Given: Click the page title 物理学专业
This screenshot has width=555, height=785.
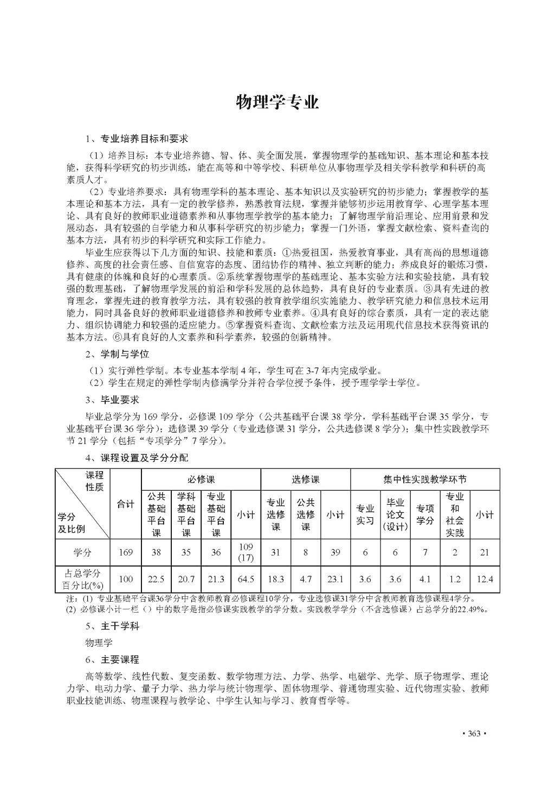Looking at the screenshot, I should [277, 102].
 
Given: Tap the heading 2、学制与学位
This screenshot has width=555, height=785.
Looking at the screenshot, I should [117, 354].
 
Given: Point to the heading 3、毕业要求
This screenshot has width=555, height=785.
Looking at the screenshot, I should [112, 400].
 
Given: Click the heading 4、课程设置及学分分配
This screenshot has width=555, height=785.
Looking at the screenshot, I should [137, 458].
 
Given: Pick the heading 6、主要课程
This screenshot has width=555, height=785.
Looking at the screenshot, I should [112, 659].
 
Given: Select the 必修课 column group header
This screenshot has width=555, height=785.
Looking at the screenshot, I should [201, 479].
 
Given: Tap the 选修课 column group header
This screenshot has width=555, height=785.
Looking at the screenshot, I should [306, 479].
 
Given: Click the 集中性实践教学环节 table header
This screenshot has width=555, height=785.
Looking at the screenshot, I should [424, 479].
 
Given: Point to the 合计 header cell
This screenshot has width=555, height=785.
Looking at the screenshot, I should [126, 504].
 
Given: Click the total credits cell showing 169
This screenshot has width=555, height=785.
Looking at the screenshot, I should [126, 552].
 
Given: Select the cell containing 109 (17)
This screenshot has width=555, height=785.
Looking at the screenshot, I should [246, 552].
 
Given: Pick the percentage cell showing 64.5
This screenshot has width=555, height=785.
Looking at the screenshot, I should [246, 579].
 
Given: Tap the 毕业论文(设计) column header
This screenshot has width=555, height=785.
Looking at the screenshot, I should [395, 514].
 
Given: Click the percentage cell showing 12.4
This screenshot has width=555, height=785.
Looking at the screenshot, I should [485, 579].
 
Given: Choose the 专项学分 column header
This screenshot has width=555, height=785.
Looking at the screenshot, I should [425, 514].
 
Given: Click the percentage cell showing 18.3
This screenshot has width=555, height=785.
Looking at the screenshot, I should [276, 579].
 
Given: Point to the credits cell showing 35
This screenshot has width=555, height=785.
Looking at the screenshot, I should [186, 552].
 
